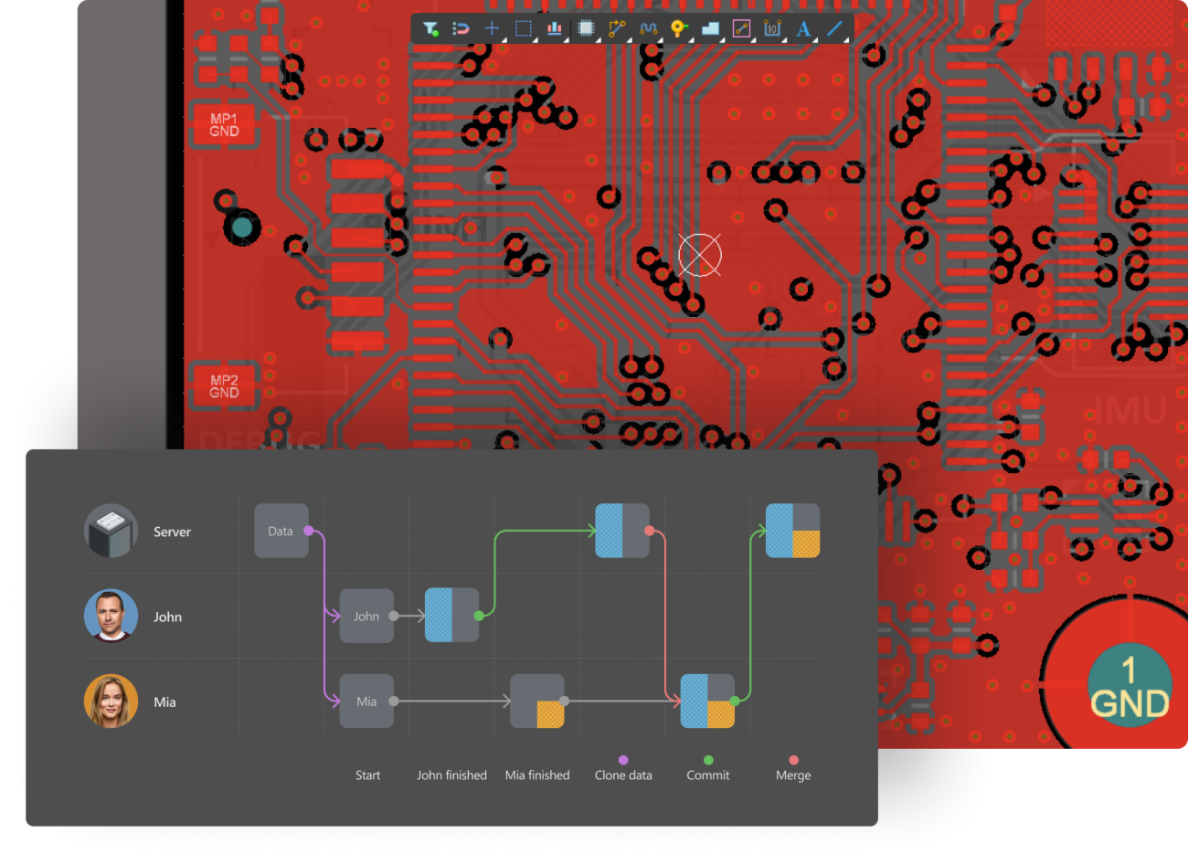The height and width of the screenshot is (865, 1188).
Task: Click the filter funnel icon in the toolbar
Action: coord(430,28)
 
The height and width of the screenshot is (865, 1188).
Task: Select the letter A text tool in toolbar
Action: coord(803,28)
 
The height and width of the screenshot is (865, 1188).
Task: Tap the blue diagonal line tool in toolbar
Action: coord(834,28)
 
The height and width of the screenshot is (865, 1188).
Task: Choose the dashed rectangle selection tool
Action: coord(524,28)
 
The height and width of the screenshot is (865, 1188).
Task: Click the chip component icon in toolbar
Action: coord(586,28)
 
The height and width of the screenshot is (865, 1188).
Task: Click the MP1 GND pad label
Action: coord(224,125)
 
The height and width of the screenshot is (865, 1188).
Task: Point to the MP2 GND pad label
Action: coord(224,386)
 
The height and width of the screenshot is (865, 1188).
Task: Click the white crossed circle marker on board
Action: coord(700,254)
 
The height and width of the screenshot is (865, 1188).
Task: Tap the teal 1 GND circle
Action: coord(1130,686)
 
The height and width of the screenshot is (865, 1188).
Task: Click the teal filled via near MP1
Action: coord(241,227)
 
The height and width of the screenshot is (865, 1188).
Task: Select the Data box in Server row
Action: coord(281,531)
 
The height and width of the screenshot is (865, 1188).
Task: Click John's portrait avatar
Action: coord(111,616)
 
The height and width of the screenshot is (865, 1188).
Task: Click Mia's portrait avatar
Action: coord(111,701)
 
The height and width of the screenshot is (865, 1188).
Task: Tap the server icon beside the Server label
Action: coord(111,531)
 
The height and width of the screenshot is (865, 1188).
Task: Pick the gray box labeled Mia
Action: coord(366,701)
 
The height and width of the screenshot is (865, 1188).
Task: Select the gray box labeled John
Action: coord(366,617)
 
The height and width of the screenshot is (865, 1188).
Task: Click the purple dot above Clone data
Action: coord(623,760)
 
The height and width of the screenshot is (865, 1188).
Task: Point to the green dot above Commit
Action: coord(708,760)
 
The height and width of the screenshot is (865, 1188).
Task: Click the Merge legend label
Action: coord(793,775)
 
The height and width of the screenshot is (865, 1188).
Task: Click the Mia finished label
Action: coord(537,775)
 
